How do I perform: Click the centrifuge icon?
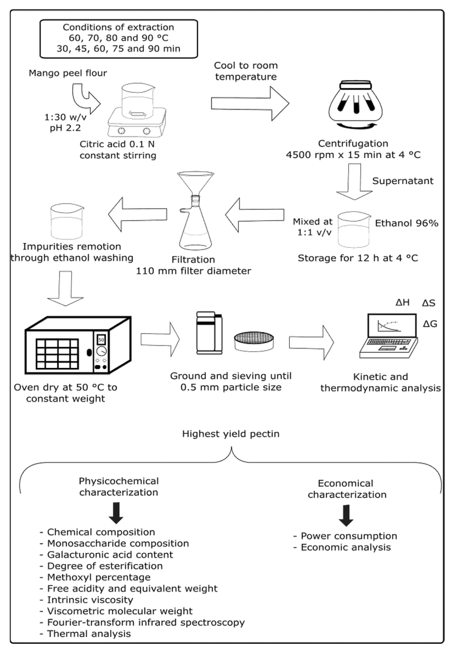(x=355, y=105)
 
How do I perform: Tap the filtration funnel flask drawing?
(x=195, y=211)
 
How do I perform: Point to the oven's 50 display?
(x=101, y=339)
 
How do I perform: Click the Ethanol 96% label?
(x=406, y=223)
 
